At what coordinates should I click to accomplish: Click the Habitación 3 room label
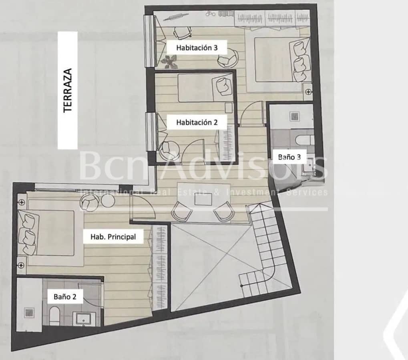[197, 48]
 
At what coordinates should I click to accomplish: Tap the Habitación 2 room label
[197, 122]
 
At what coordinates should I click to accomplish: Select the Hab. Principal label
[113, 236]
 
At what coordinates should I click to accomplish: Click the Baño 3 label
[289, 157]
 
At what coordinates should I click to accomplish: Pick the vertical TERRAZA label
[68, 90]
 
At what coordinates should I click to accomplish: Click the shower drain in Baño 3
[295, 116]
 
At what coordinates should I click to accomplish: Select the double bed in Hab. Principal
[48, 233]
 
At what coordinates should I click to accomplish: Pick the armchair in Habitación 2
[169, 149]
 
